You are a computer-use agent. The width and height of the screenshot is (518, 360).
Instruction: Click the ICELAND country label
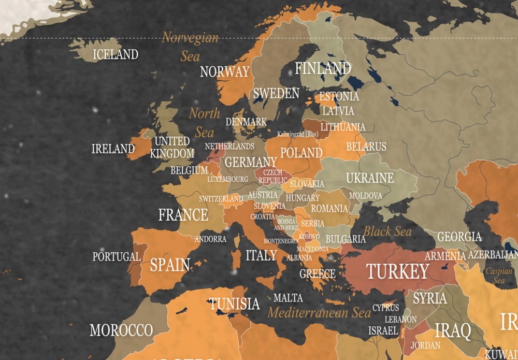(x=115, y=54)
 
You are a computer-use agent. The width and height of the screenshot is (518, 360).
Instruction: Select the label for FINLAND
(x=323, y=68)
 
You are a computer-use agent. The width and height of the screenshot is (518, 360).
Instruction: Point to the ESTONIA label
(x=339, y=96)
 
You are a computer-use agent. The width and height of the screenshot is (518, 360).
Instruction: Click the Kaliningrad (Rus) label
(x=298, y=134)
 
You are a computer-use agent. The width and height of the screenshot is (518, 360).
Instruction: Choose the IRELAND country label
(x=113, y=149)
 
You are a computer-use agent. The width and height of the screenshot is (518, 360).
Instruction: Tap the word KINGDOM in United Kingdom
(x=172, y=153)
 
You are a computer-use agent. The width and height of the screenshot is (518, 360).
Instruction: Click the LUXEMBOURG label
(x=227, y=179)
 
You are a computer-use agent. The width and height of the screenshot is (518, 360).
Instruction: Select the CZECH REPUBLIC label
(x=273, y=176)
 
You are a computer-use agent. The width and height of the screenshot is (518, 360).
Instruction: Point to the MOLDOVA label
(x=365, y=196)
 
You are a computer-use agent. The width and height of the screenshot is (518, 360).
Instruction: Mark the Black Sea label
(x=387, y=231)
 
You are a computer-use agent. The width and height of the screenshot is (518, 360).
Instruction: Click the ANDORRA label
(x=210, y=239)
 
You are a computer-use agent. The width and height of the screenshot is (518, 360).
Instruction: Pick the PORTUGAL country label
(x=117, y=256)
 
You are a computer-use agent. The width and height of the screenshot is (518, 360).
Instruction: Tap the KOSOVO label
(x=309, y=236)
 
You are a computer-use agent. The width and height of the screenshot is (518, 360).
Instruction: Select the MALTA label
(x=288, y=298)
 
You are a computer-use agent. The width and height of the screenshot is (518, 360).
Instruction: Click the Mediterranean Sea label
(x=319, y=312)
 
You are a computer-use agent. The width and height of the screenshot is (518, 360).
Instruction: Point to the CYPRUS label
(x=386, y=308)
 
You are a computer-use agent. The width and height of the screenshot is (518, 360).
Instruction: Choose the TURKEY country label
(x=397, y=271)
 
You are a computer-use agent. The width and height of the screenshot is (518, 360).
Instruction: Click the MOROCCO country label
(x=121, y=330)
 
